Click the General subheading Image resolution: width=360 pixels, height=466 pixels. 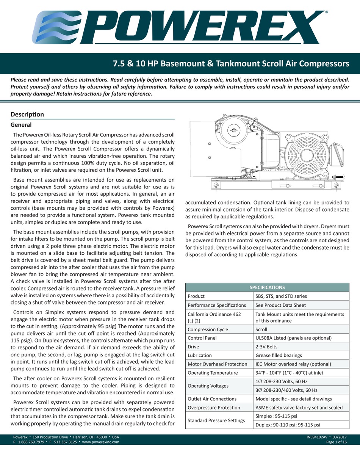coord(21,125)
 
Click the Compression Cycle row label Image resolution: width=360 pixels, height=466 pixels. coord(208,329)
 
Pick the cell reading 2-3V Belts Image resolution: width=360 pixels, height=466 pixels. coord(267,347)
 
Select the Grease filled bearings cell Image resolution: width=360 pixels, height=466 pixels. coord(279,355)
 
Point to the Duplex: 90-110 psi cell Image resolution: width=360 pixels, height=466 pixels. coord(288,425)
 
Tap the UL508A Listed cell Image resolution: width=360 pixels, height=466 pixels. coord(294,338)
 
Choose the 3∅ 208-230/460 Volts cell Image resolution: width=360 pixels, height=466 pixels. coord(286,390)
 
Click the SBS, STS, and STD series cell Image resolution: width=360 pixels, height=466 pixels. coord(281,296)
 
